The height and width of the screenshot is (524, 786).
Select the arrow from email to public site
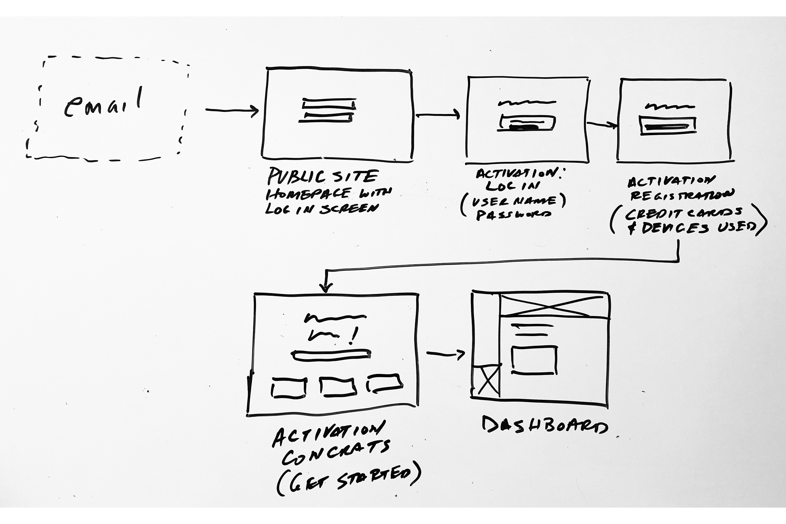point(232,110)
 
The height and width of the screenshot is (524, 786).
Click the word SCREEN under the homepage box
point(349,209)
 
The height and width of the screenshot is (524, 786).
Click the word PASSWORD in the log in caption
point(513,215)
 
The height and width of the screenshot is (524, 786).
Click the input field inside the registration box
point(668,126)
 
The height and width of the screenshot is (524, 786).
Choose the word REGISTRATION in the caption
point(682,195)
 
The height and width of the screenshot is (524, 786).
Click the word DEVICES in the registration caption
point(675,228)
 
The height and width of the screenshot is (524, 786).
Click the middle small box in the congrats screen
point(338,387)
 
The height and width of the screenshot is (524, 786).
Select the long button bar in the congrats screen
point(331,355)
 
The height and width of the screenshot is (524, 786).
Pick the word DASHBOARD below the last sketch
point(545,425)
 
